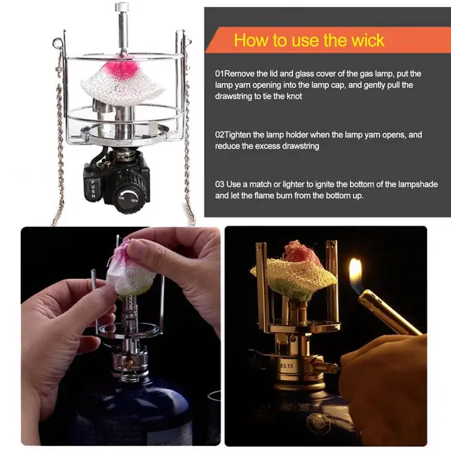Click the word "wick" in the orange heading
[366, 39]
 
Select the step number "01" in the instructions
[219, 73]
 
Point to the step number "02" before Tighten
[219, 133]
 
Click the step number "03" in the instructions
[220, 184]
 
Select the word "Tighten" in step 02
[240, 133]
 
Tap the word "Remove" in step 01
[241, 73]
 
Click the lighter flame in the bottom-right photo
[355, 271]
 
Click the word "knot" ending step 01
[293, 96]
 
